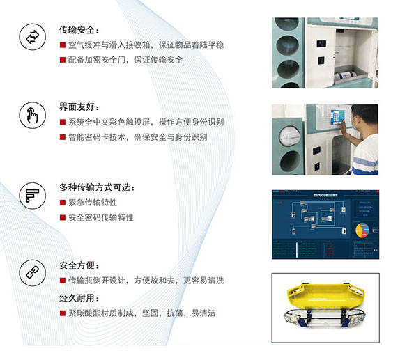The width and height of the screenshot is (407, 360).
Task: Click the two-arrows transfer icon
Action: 33,37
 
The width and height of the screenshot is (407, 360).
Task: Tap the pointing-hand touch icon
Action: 33,115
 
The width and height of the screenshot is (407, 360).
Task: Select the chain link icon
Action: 33,272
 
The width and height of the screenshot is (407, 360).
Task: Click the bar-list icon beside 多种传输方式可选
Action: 33,196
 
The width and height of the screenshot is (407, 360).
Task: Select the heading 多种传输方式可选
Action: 97,187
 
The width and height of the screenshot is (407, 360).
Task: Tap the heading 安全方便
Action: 79,265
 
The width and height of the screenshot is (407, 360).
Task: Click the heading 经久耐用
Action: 79,298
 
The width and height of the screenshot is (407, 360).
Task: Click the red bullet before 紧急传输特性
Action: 63,203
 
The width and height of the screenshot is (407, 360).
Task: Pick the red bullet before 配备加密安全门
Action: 63,60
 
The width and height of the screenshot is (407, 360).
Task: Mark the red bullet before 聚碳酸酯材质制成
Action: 63,313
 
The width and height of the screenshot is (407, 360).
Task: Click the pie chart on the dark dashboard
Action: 362,230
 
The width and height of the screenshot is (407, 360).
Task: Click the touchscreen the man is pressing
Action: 337,117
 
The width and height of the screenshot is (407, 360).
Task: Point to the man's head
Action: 364,116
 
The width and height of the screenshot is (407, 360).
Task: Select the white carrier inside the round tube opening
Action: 290,136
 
